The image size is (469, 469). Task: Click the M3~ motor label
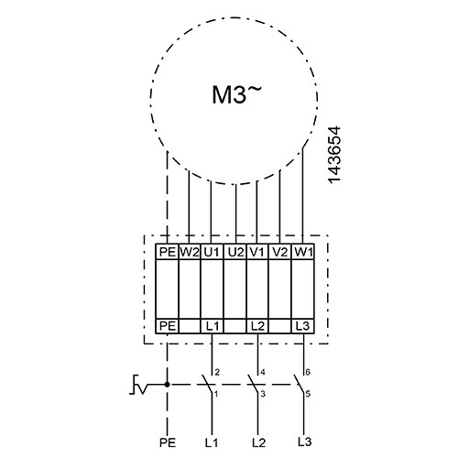(237, 94)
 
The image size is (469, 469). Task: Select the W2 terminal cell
(190, 252)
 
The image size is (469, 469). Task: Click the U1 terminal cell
(212, 252)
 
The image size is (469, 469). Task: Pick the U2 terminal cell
(235, 252)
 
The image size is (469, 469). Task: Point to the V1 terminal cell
(257, 252)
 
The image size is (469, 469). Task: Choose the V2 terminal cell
(280, 252)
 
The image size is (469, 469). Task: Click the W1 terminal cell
(303, 252)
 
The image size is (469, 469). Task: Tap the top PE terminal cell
(167, 252)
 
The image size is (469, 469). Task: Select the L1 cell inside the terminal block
(213, 326)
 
